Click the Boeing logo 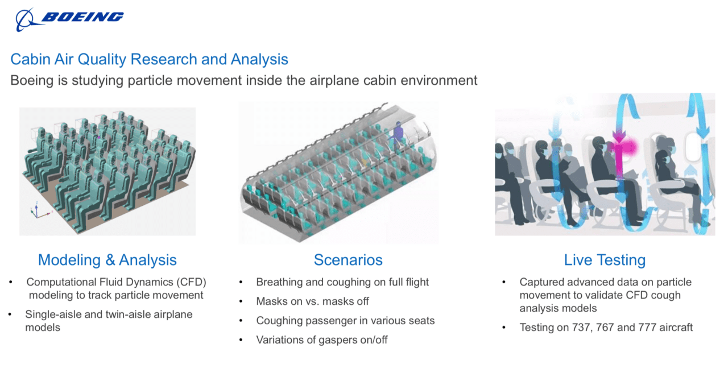pos(69,19)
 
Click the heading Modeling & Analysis pos(107,260)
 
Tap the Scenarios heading pos(348,260)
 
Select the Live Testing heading pos(605,260)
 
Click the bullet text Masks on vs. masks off pos(312,301)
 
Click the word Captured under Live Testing pos(541,282)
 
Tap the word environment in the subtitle pos(439,81)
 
